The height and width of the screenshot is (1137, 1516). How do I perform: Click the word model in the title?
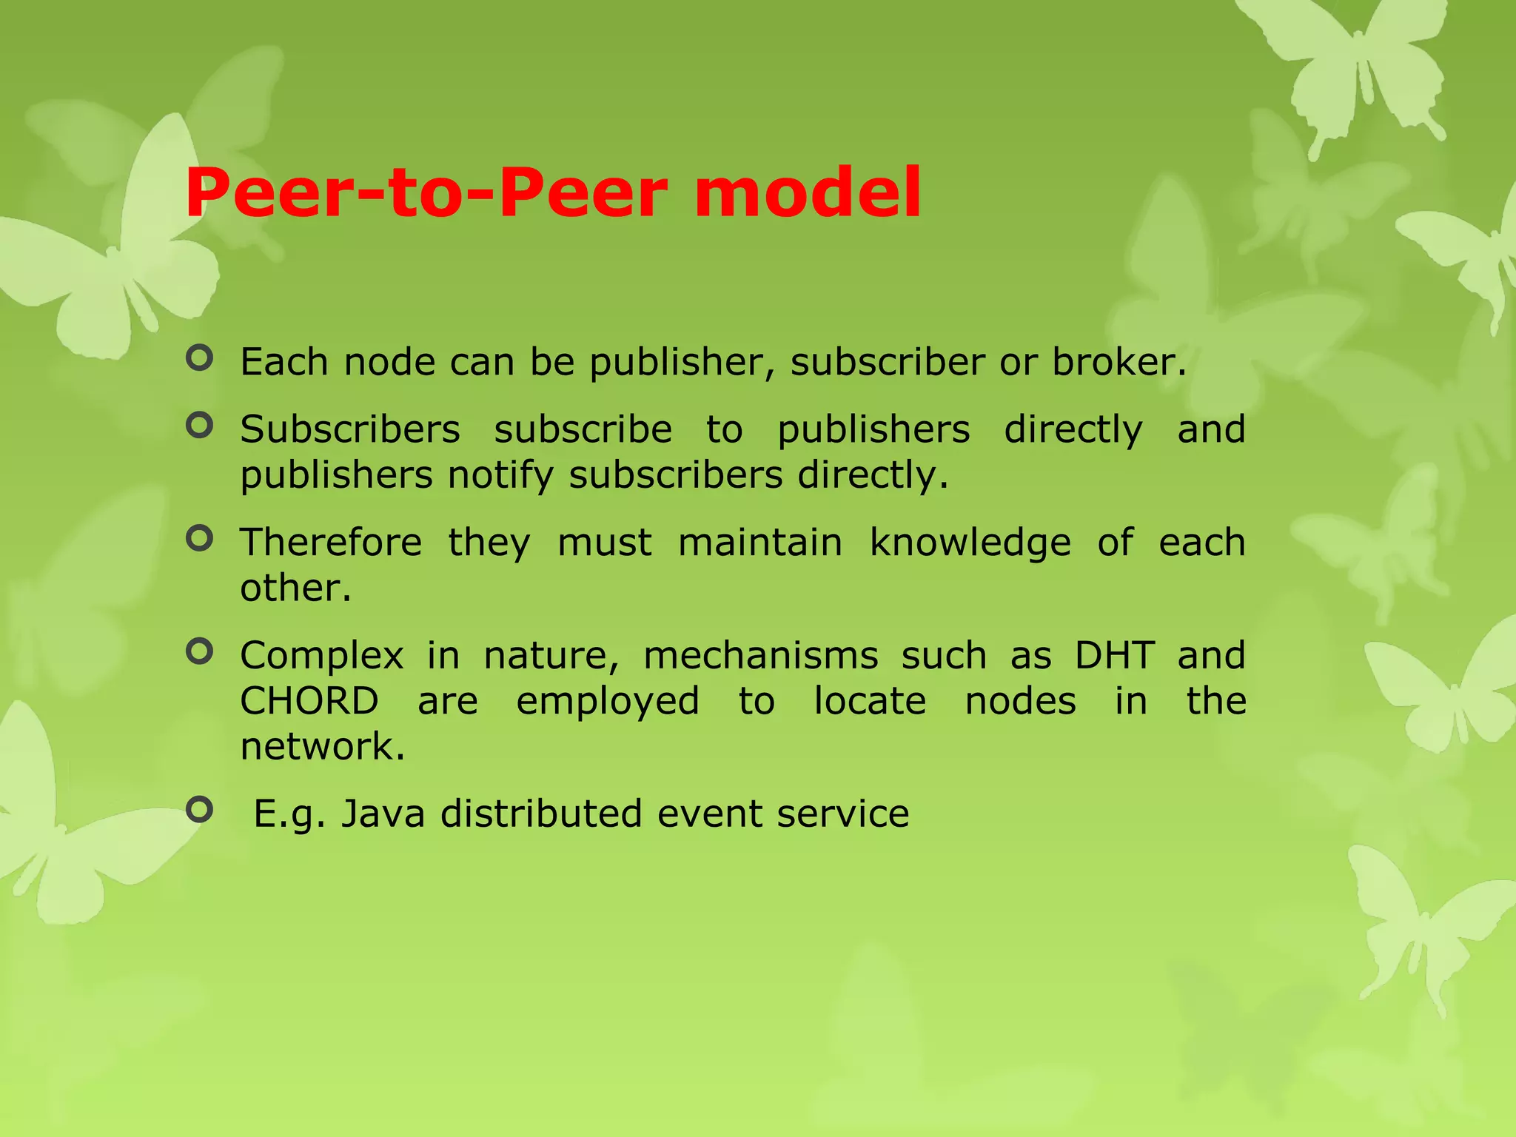[x=807, y=194]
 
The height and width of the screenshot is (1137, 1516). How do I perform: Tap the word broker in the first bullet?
[x=1116, y=363]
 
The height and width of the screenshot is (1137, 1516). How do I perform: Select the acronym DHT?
[x=1115, y=656]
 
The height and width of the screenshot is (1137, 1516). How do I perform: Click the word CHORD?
[x=309, y=701]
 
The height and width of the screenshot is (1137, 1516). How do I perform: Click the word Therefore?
[x=331, y=543]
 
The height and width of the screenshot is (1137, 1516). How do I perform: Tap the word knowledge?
[x=970, y=544]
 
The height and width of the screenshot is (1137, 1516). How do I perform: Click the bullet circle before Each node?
[x=199, y=359]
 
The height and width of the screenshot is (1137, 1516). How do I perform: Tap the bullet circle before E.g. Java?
[x=199, y=810]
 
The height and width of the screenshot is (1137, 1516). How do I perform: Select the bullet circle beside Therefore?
[x=199, y=539]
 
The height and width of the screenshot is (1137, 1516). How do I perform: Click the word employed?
[x=607, y=702]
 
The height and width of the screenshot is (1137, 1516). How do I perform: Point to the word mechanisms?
[x=760, y=656]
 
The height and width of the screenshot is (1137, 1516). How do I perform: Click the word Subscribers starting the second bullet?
[x=350, y=430]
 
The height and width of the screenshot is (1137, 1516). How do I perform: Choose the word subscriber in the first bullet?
[x=888, y=363]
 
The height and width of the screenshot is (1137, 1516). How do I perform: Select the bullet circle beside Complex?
[x=199, y=652]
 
